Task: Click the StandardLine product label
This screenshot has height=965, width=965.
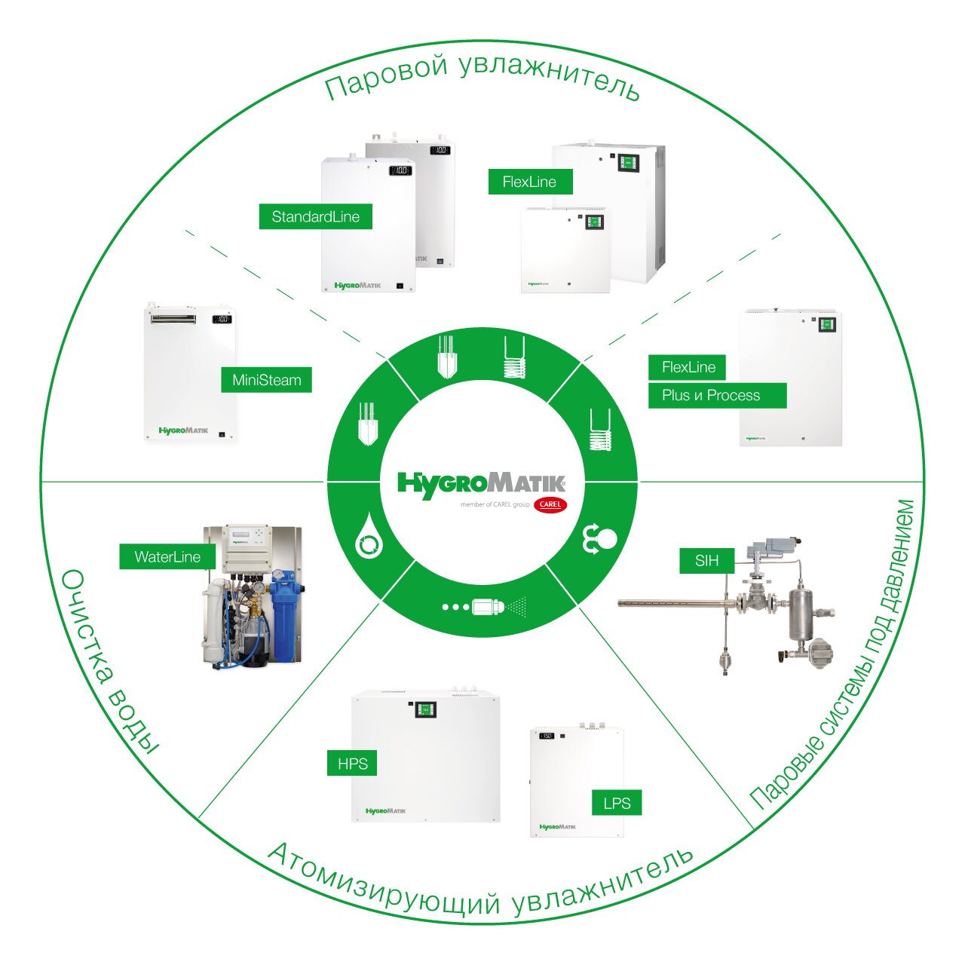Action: pos(315,217)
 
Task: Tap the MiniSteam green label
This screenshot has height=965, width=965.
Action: pos(266,380)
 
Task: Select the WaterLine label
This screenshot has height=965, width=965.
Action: pos(167,557)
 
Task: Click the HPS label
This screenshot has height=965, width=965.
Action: pos(352,764)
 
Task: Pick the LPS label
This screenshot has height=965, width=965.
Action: pos(617,803)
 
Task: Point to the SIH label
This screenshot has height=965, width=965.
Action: pos(706,561)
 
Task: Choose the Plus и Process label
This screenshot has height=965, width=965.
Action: pos(711,395)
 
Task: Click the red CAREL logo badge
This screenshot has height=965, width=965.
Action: pos(550,504)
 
